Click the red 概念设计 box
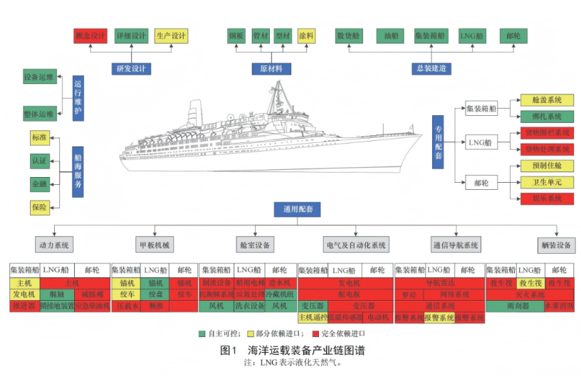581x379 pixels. [90, 35]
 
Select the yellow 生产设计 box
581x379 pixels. [171, 35]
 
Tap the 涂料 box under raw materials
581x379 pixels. [306, 35]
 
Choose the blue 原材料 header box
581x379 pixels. [266, 69]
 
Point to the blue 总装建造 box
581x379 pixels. [432, 69]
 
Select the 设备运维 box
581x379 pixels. [38, 77]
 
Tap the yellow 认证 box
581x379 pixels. [38, 161]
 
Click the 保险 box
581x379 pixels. [38, 208]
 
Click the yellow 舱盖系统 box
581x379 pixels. [547, 100]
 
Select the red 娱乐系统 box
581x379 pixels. [547, 198]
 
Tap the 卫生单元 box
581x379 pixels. [547, 182]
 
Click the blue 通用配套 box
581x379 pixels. [298, 209]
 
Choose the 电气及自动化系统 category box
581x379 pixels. [356, 245]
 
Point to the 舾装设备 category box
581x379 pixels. [556, 245]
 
